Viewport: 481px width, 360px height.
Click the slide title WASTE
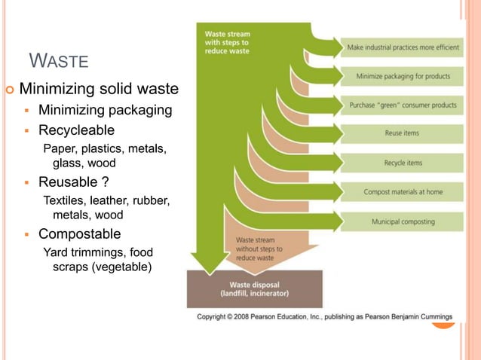click(59, 61)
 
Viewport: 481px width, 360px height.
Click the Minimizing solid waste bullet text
click(99, 90)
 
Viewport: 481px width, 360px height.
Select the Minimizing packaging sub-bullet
click(105, 111)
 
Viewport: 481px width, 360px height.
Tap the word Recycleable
click(76, 131)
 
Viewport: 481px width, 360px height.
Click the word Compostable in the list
click(79, 234)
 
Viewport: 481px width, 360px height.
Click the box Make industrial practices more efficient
click(402, 47)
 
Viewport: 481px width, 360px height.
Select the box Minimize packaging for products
click(402, 76)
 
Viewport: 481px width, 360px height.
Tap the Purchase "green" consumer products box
click(402, 105)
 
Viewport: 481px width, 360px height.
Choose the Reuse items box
click(402, 133)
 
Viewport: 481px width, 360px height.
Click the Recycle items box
click(402, 163)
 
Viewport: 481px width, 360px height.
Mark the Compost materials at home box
click(402, 191)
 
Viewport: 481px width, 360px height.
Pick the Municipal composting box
click(402, 221)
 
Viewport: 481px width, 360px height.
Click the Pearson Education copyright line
click(324, 317)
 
